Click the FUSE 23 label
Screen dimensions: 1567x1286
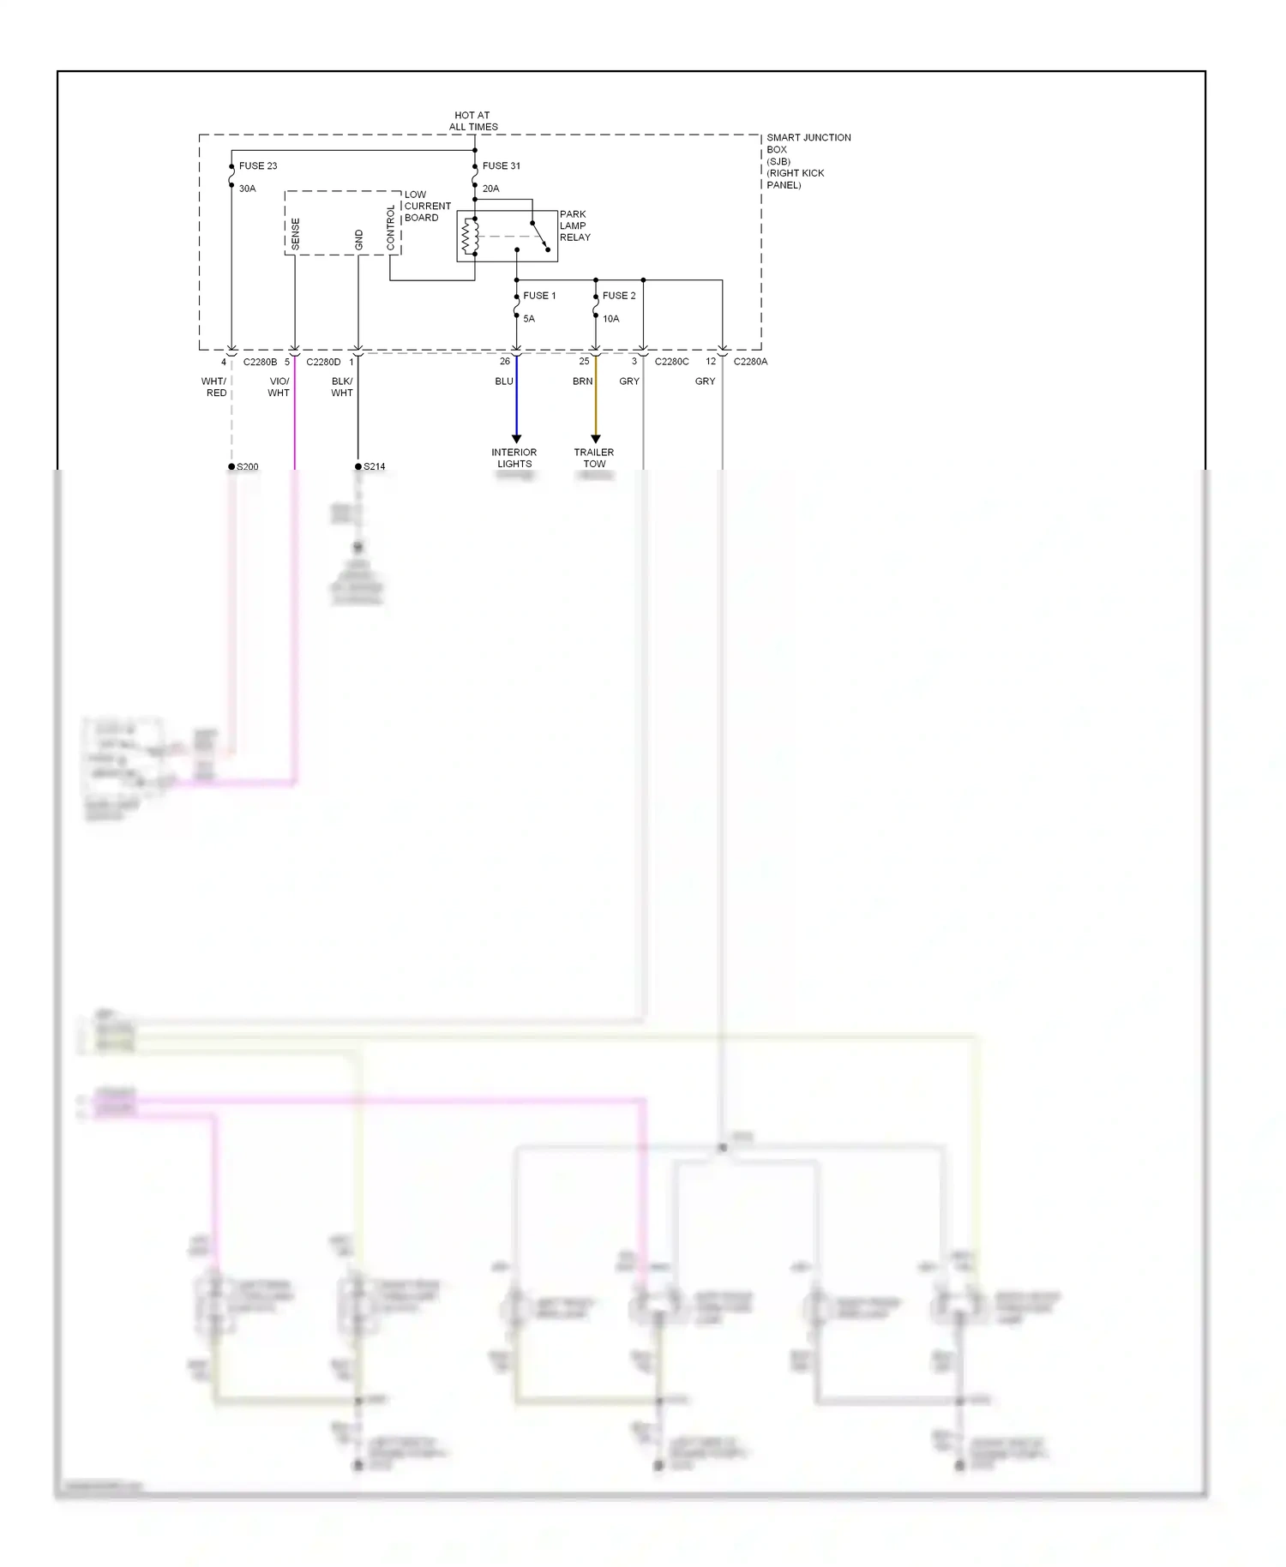pyautogui.click(x=257, y=165)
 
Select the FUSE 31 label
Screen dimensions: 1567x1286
pyautogui.click(x=501, y=165)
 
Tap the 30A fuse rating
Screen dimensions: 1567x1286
pyautogui.click(x=247, y=189)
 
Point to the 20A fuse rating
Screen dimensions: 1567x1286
pyautogui.click(x=490, y=189)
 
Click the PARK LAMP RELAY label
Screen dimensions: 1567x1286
pyautogui.click(x=574, y=226)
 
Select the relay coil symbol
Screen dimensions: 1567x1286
pyautogui.click(x=470, y=236)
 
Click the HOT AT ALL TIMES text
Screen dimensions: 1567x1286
pyautogui.click(x=473, y=121)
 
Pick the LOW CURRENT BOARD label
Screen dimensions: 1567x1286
pyautogui.click(x=426, y=206)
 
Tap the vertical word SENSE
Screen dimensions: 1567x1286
pyautogui.click(x=296, y=234)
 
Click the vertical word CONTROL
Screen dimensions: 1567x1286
pyautogui.click(x=391, y=228)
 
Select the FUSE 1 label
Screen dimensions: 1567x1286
pyautogui.click(x=539, y=296)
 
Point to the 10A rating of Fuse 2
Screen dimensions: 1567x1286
pyautogui.click(x=610, y=319)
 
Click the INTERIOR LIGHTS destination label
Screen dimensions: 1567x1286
pyautogui.click(x=514, y=458)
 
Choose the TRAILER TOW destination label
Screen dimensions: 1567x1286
pyautogui.click(x=594, y=458)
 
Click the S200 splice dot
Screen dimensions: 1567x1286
pyautogui.click(x=231, y=466)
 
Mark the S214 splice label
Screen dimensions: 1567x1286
pyautogui.click(x=374, y=466)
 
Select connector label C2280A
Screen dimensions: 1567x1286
pyautogui.click(x=750, y=362)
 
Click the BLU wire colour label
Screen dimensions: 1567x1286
pyautogui.click(x=504, y=381)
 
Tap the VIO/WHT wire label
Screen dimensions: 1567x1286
pyautogui.click(x=279, y=387)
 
